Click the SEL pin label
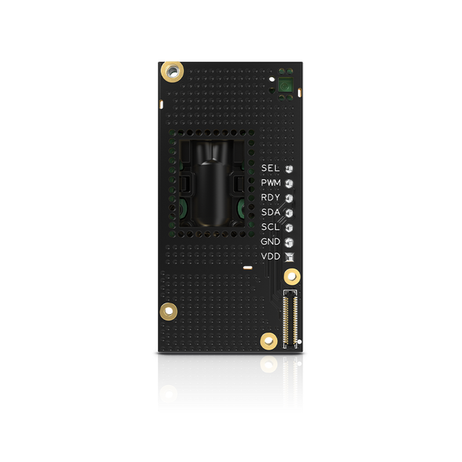[270, 168]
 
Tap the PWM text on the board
[271, 183]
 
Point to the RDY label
[270, 198]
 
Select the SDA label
[270, 213]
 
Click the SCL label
[270, 227]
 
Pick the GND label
[270, 242]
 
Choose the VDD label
[270, 256]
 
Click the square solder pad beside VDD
[289, 257]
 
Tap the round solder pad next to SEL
[289, 169]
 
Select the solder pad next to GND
[289, 243]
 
